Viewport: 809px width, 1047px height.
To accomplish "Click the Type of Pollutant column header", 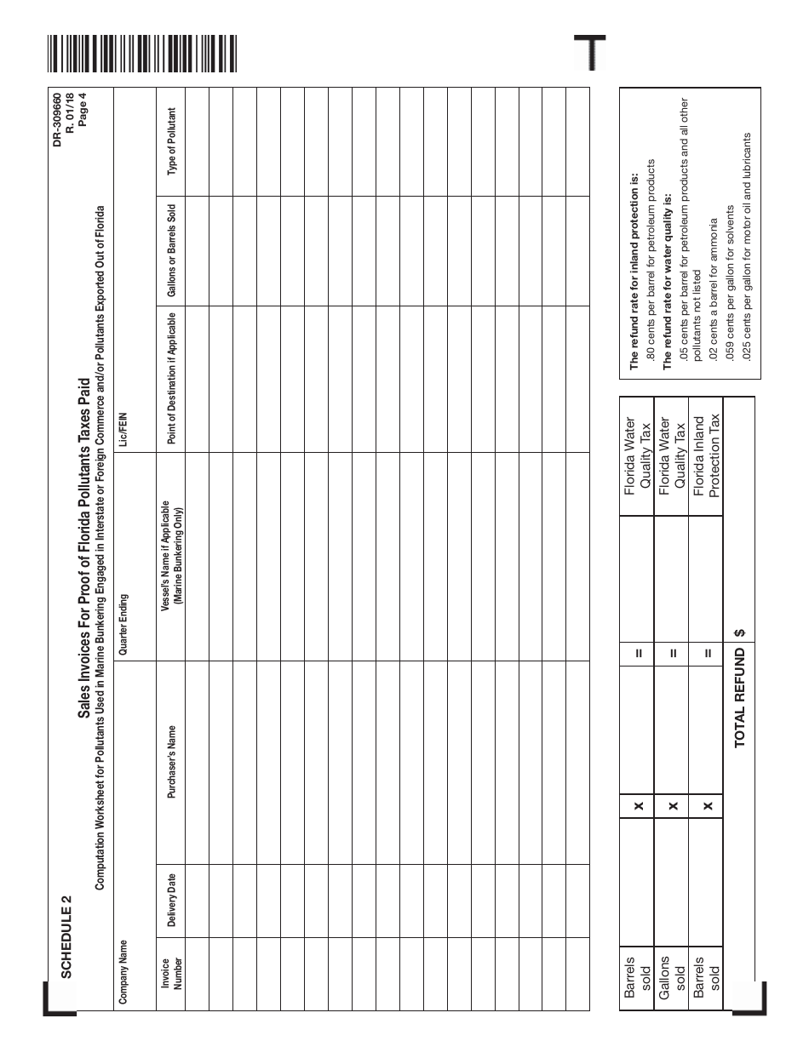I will click(171, 141).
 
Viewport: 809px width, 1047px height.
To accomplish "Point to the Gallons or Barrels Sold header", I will click(171, 249).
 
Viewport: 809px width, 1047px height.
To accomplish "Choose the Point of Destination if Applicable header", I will click(171, 378).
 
